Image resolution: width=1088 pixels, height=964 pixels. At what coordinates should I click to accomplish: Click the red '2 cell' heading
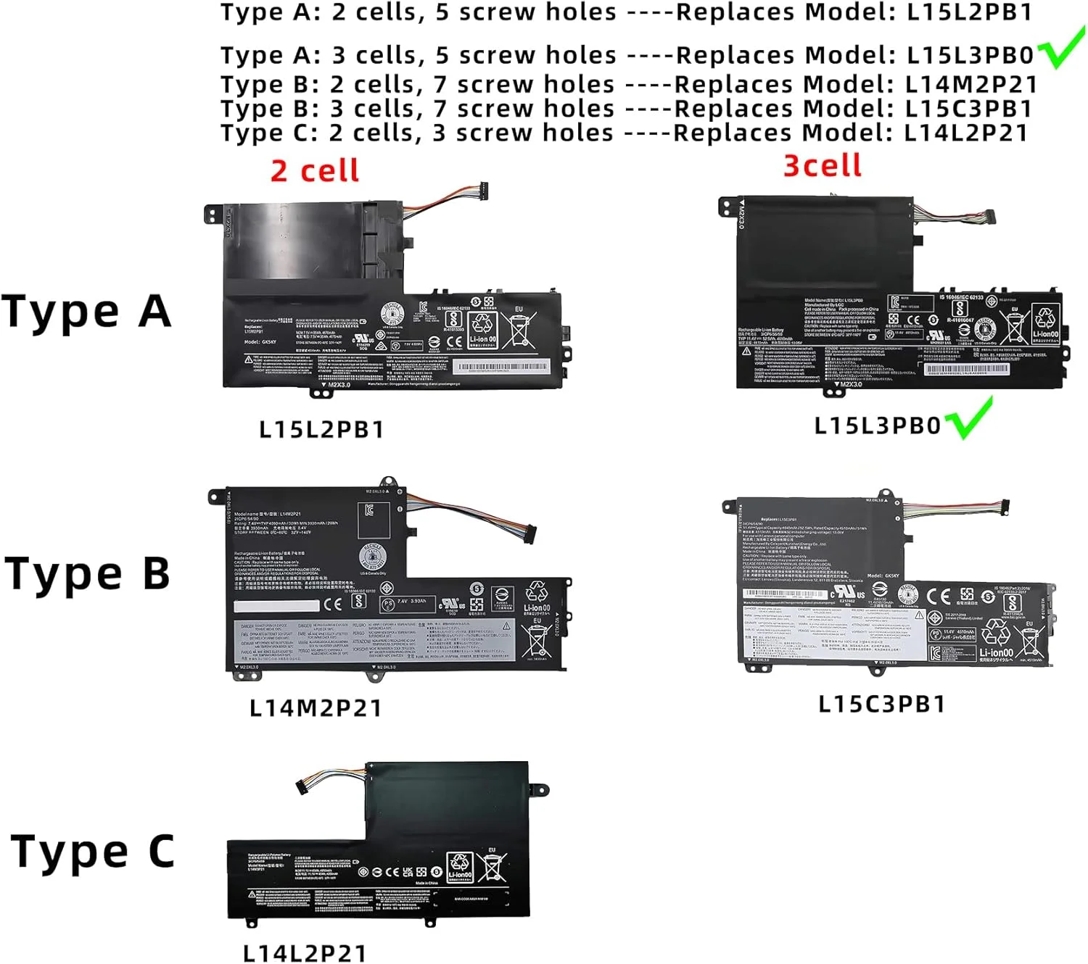point(315,171)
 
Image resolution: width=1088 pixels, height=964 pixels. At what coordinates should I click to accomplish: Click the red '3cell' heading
point(823,166)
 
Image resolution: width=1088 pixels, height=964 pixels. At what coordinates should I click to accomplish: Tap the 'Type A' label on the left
point(86,311)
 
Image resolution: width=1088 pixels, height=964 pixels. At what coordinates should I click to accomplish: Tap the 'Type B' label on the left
point(87,573)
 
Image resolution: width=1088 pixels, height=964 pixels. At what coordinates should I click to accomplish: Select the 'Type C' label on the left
point(93,851)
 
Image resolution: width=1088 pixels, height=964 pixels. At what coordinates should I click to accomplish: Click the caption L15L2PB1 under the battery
point(321,429)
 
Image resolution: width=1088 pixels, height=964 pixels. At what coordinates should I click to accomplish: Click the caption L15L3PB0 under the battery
point(877,425)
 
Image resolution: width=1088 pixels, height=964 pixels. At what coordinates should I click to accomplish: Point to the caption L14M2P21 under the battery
point(316,707)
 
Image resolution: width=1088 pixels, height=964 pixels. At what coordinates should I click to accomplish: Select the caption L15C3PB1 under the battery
point(882,704)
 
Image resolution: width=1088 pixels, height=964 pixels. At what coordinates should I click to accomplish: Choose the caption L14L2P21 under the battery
point(305,952)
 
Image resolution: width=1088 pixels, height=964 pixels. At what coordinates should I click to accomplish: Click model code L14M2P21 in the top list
point(970,85)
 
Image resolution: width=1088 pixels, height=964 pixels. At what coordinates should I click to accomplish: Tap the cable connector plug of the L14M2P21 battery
point(530,533)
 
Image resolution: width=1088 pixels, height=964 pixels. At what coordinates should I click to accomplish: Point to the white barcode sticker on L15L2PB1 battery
point(501,367)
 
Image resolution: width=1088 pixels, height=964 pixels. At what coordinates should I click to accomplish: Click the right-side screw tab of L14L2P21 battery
point(539,789)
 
